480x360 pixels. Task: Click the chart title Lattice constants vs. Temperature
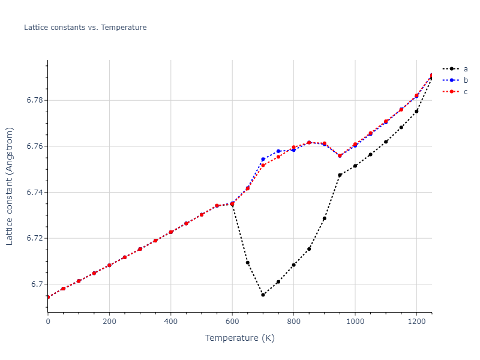click(x=85, y=28)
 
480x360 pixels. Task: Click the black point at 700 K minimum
click(x=263, y=295)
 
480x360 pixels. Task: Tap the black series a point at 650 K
click(x=248, y=263)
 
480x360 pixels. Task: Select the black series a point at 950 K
click(x=340, y=175)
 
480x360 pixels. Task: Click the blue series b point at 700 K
click(x=263, y=159)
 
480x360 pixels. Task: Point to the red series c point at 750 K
click(x=278, y=157)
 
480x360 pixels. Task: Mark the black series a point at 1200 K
click(x=416, y=111)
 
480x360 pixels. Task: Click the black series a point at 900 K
click(x=325, y=218)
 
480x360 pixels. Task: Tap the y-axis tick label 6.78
click(x=34, y=100)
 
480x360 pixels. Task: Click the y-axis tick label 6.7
click(x=36, y=284)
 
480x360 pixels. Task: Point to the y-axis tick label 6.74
click(x=34, y=193)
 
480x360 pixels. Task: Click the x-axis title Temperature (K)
click(x=240, y=338)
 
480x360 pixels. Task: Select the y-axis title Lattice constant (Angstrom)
click(x=10, y=186)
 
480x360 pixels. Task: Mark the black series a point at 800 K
click(x=294, y=265)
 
